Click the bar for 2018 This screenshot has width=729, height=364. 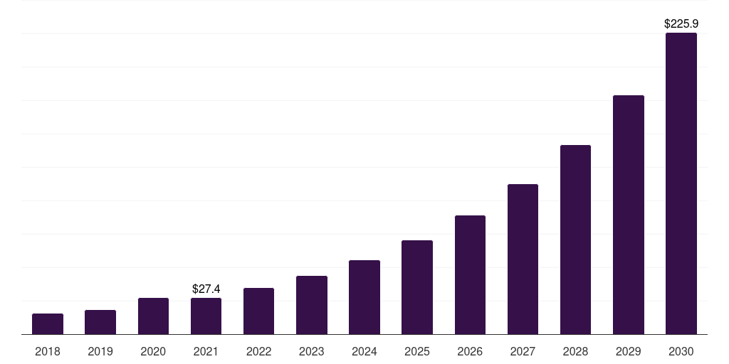point(48,323)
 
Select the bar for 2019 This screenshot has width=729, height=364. point(100,322)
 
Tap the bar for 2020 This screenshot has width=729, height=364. point(153,316)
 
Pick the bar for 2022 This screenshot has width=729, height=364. point(258,311)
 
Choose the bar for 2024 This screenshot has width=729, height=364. point(364,297)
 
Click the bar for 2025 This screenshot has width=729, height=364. point(417,287)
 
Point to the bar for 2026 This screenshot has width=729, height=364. point(470,274)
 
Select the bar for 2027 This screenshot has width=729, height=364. point(523,259)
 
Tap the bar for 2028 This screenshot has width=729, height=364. point(575,240)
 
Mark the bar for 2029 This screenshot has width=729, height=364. point(629,215)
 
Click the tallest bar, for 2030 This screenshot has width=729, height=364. point(681,183)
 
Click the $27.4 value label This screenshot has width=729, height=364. point(206,289)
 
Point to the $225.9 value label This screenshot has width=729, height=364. point(681,23)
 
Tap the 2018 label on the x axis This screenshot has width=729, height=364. point(48,351)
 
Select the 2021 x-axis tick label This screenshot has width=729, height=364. point(206,351)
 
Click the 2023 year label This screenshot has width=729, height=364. point(312,351)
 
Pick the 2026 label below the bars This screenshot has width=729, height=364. point(470,351)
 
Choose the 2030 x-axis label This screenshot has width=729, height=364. point(681,351)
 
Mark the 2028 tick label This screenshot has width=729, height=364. point(575,351)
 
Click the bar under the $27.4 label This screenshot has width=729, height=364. point(206,316)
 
